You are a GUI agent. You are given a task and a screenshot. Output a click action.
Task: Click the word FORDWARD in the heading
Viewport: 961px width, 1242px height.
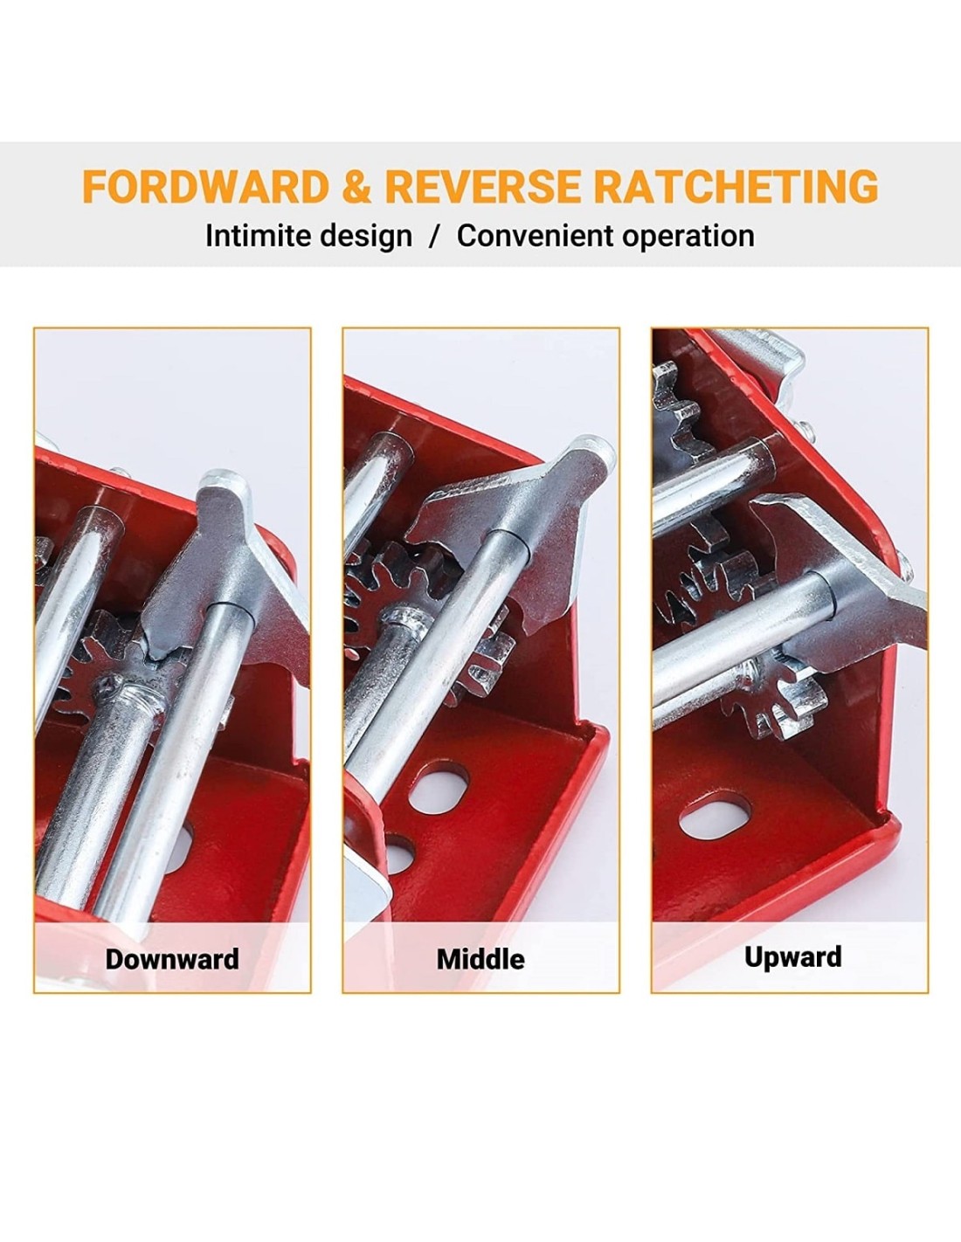point(206,186)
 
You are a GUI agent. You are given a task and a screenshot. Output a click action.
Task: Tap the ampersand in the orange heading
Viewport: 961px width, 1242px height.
point(357,186)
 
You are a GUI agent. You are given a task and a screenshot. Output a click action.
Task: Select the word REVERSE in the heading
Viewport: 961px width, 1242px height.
point(483,186)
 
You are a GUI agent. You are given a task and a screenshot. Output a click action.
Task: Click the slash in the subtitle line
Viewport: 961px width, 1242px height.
point(435,236)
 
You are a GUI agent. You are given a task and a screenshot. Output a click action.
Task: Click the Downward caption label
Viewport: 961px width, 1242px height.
point(172,959)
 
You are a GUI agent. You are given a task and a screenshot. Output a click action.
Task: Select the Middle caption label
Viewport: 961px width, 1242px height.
point(480,959)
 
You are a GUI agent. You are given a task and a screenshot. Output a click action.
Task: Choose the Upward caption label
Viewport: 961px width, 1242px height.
point(793,957)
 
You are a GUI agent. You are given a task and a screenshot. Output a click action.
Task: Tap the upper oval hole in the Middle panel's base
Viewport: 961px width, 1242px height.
point(439,788)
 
